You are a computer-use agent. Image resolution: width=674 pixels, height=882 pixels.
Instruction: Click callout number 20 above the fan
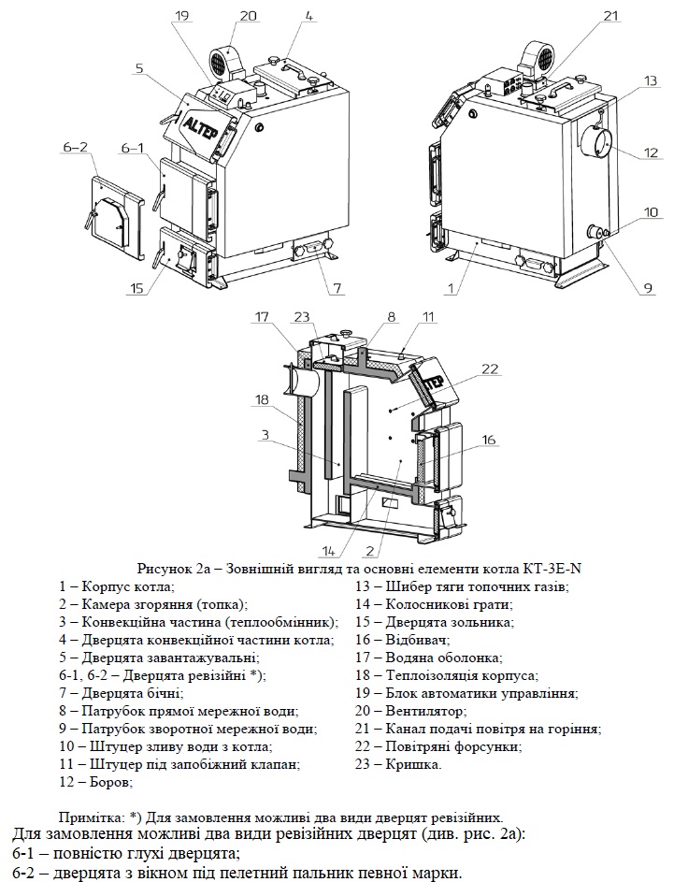[x=248, y=16]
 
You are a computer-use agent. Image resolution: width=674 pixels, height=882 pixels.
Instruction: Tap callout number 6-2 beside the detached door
[x=76, y=148]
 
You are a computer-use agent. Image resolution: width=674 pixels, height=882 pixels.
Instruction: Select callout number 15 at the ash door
[x=136, y=289]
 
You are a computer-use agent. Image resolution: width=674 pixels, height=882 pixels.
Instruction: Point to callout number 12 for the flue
[x=651, y=152]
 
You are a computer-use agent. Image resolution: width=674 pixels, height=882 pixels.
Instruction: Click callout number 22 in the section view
[x=490, y=369]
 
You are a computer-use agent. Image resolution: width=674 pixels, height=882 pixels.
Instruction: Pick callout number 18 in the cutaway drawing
[x=262, y=400]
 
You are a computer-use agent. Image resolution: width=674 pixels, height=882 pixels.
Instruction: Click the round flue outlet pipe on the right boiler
[x=595, y=142]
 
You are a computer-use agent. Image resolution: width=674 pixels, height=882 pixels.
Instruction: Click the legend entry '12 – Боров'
[x=96, y=783]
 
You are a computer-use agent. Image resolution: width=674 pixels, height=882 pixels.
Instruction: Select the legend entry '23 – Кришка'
[x=398, y=764]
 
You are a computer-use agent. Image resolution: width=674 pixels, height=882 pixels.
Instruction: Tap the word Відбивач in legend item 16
[x=418, y=640]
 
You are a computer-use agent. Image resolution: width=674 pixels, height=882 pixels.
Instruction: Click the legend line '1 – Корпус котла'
[x=117, y=586]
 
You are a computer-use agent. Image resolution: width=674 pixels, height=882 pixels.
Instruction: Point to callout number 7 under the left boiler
[x=337, y=289]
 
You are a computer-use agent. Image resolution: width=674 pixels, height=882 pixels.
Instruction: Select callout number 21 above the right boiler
[x=610, y=16]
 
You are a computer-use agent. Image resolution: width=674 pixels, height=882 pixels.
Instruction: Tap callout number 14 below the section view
[x=330, y=550]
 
